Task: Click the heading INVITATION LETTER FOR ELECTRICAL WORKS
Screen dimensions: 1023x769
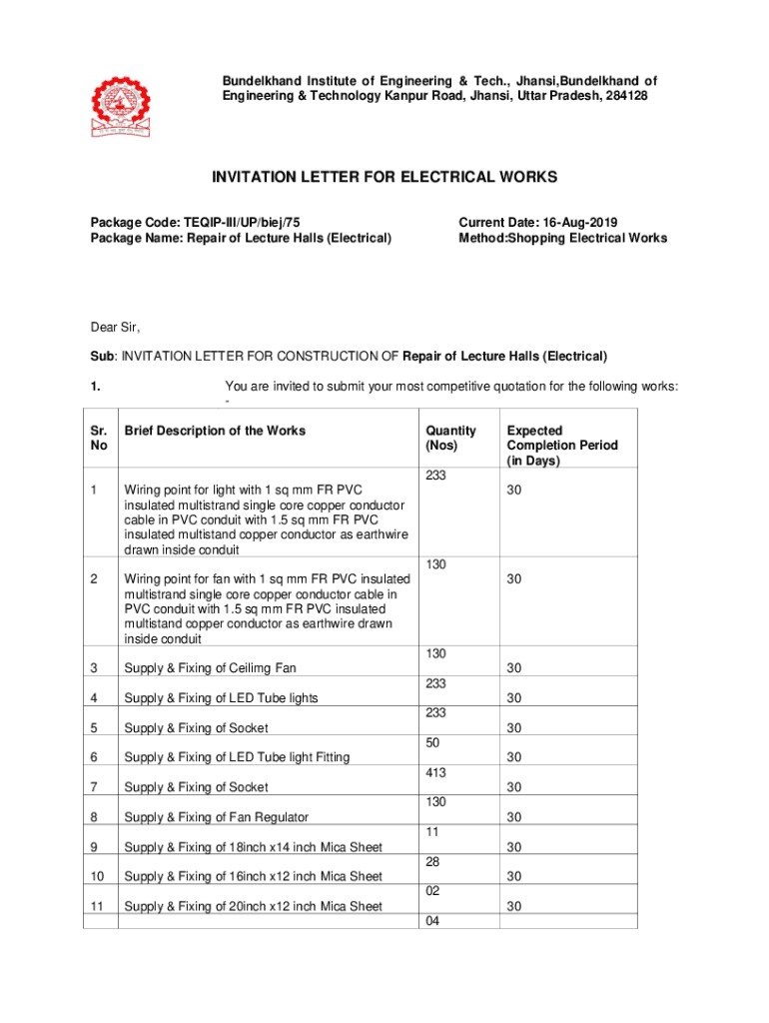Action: [x=384, y=177]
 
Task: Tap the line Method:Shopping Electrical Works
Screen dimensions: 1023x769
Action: [x=562, y=238]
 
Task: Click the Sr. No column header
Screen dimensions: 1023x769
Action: [x=100, y=438]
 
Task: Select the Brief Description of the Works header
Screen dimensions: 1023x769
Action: [x=215, y=431]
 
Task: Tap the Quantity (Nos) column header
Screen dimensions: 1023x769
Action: [x=450, y=438]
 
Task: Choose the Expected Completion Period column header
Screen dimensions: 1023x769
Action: [x=562, y=446]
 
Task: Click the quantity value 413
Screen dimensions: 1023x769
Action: [x=435, y=773]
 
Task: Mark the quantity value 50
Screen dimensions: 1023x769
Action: [x=432, y=743]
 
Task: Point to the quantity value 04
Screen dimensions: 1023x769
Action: [x=432, y=921]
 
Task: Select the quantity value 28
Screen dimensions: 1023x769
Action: [x=432, y=861]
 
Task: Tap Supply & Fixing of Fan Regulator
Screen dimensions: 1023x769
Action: [x=216, y=817]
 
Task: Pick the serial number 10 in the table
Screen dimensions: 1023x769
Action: [x=96, y=877]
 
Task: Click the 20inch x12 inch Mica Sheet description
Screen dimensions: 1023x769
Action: [x=253, y=907]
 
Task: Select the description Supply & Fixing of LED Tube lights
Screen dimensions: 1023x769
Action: [x=221, y=698]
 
